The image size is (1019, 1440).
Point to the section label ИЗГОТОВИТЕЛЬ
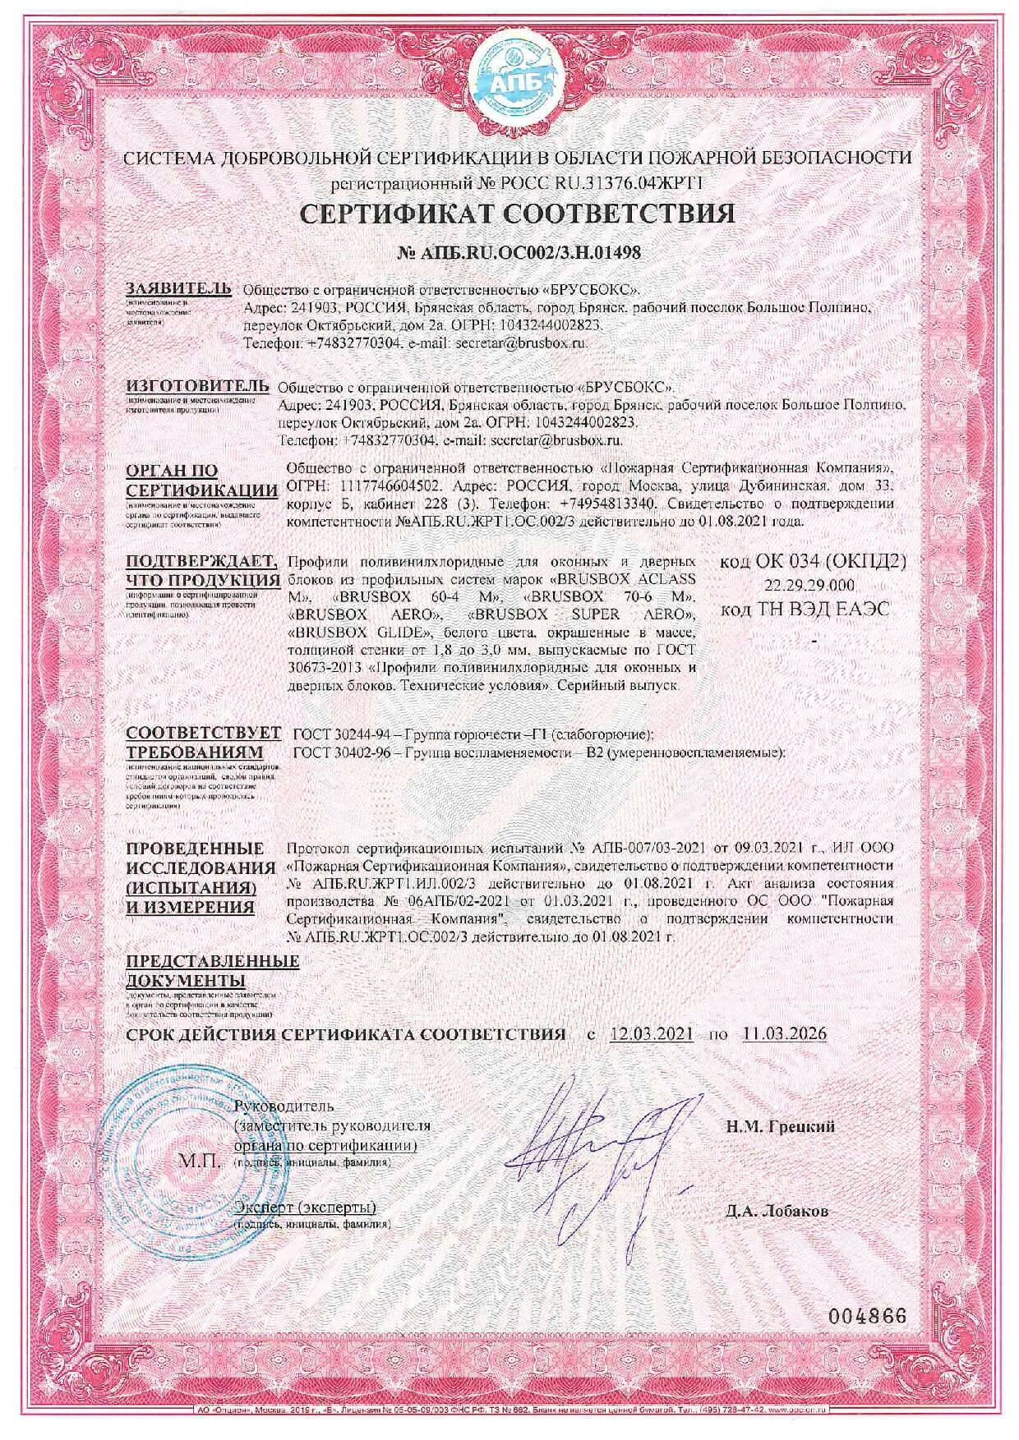[x=196, y=385]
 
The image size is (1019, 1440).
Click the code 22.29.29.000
[x=809, y=585]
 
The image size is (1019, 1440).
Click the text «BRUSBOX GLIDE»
[x=360, y=632]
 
